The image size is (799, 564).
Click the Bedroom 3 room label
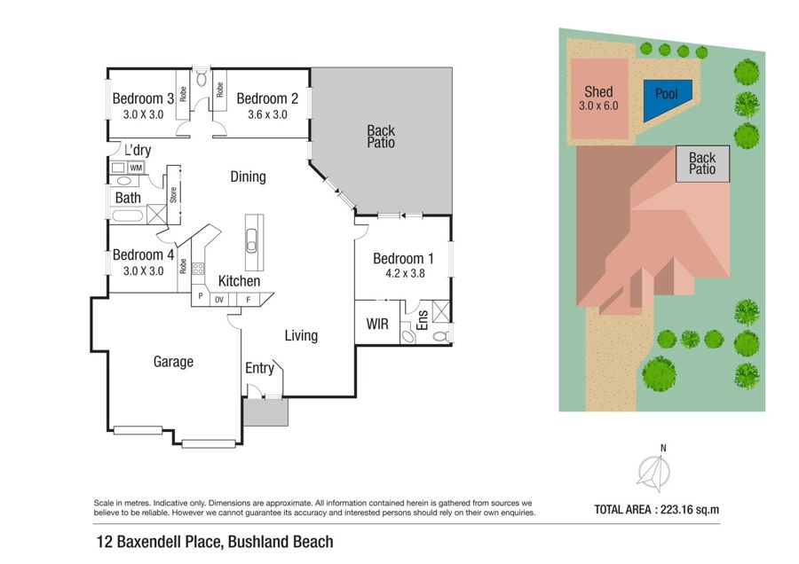point(143,98)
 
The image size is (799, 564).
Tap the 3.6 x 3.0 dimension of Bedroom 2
point(267,114)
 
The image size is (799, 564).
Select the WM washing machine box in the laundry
point(136,168)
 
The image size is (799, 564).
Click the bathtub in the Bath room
point(127,215)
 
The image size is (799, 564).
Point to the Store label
point(173,195)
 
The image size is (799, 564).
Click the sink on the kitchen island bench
point(251,241)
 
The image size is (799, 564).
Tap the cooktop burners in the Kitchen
point(198,269)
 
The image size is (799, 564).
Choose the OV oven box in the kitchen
point(219,300)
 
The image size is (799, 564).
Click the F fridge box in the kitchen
point(249,300)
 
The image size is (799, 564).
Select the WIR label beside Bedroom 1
point(377,324)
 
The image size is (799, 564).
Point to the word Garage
point(173,362)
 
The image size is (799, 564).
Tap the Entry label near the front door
point(259,368)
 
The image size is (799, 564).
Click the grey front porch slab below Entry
point(265,412)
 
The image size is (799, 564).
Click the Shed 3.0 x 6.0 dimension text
point(598,106)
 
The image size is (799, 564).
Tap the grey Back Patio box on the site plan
point(703,164)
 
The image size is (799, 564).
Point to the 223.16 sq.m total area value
point(690,510)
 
